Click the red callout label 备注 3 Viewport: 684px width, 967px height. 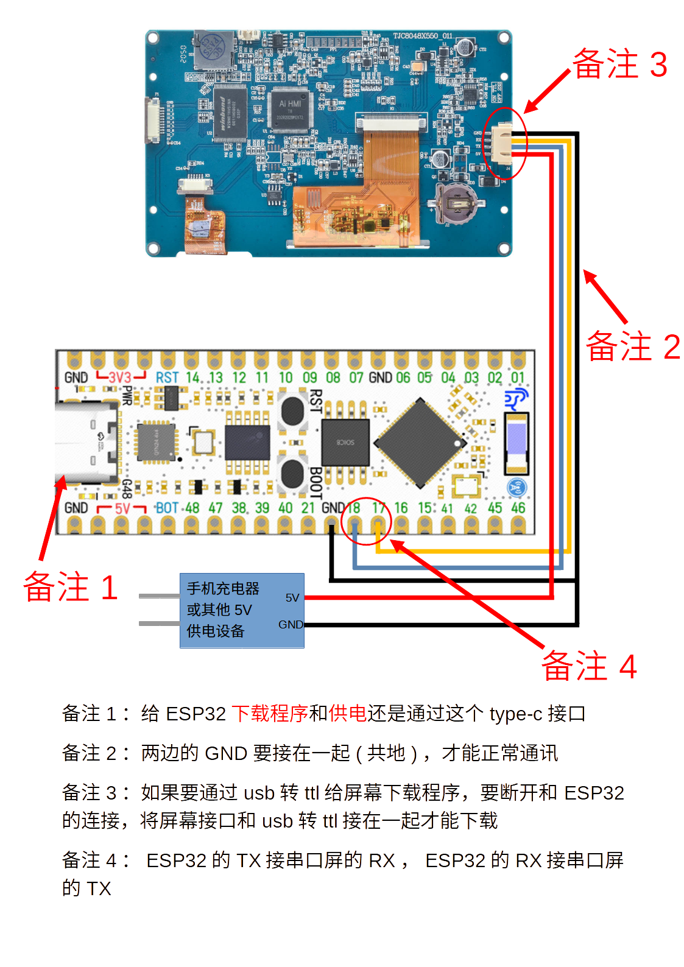(x=619, y=64)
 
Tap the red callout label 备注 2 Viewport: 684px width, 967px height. (x=632, y=346)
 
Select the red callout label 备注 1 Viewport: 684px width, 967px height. (x=70, y=587)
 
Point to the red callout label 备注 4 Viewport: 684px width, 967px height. (x=589, y=666)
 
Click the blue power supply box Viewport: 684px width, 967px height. (x=242, y=610)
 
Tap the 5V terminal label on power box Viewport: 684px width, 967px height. (x=292, y=598)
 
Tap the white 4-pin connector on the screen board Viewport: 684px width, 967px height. (x=503, y=144)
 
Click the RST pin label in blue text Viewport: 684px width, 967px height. (x=167, y=378)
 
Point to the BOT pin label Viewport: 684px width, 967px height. (x=167, y=508)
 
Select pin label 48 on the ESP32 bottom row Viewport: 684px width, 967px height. (x=192, y=508)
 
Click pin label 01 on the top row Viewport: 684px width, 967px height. (x=518, y=378)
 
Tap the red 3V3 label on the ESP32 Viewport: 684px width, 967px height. (x=121, y=378)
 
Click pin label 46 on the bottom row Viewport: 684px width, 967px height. (x=518, y=508)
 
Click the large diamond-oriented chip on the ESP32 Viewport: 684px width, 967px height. (x=420, y=443)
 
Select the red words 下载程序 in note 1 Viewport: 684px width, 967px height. (x=270, y=713)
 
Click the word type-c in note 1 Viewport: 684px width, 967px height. (x=515, y=713)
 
